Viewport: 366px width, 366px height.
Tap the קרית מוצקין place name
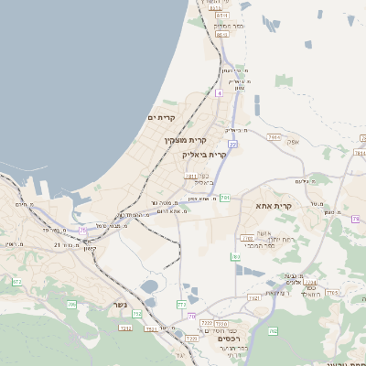(x=186, y=140)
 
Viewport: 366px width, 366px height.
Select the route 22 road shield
(x=233, y=144)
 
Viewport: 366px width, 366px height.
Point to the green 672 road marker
(x=16, y=282)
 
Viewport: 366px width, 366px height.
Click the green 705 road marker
(x=71, y=304)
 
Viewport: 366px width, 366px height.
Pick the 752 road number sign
(x=137, y=314)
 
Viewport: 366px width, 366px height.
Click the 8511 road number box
(x=221, y=16)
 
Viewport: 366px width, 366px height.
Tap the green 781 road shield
(x=223, y=197)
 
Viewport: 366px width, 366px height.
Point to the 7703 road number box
(x=333, y=293)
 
